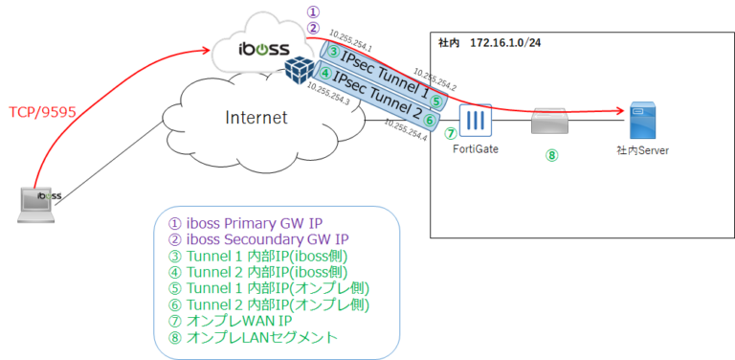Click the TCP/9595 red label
[x=41, y=111]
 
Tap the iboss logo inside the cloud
[x=256, y=48]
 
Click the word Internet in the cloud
[x=257, y=118]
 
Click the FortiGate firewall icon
[x=475, y=122]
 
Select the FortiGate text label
[x=476, y=149]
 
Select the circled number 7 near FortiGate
[x=450, y=134]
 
